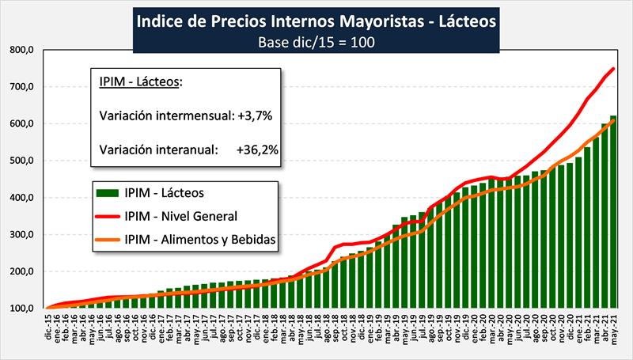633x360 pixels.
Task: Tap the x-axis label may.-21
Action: (614, 328)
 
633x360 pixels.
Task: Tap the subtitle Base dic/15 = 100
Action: (316, 41)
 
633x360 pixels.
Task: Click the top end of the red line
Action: (614, 68)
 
